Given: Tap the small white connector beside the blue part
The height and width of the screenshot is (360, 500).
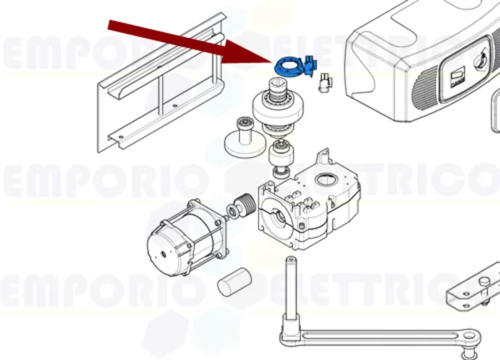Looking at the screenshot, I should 324,83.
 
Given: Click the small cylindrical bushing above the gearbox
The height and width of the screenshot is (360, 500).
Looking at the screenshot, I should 280,156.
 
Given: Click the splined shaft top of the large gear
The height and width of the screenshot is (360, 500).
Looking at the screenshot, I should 275,89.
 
